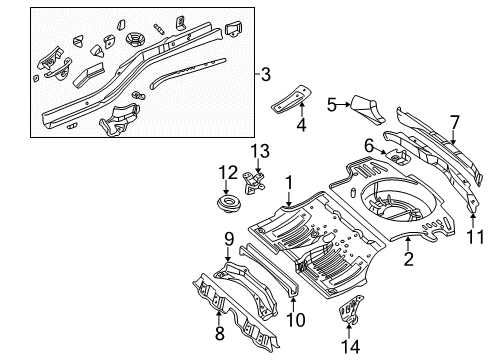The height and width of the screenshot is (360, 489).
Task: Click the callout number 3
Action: pyautogui.click(x=265, y=73)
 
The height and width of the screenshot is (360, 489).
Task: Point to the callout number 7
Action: pyautogui.click(x=454, y=122)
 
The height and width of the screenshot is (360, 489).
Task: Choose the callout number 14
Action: pyautogui.click(x=348, y=344)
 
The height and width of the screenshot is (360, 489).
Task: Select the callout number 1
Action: pyautogui.click(x=289, y=184)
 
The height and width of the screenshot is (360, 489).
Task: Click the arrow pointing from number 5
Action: pyautogui.click(x=346, y=102)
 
